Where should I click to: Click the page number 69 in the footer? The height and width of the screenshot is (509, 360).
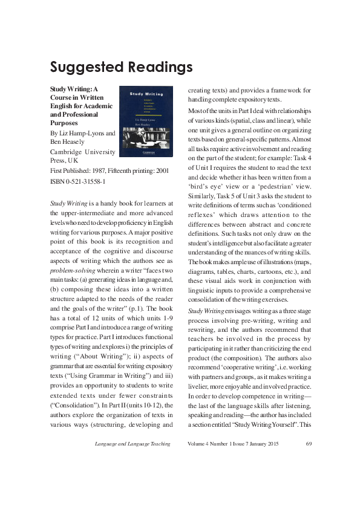coord(309,444)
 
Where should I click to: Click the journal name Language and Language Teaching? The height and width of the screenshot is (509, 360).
coord(133,444)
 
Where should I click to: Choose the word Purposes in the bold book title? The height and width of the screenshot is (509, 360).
coord(65,122)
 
